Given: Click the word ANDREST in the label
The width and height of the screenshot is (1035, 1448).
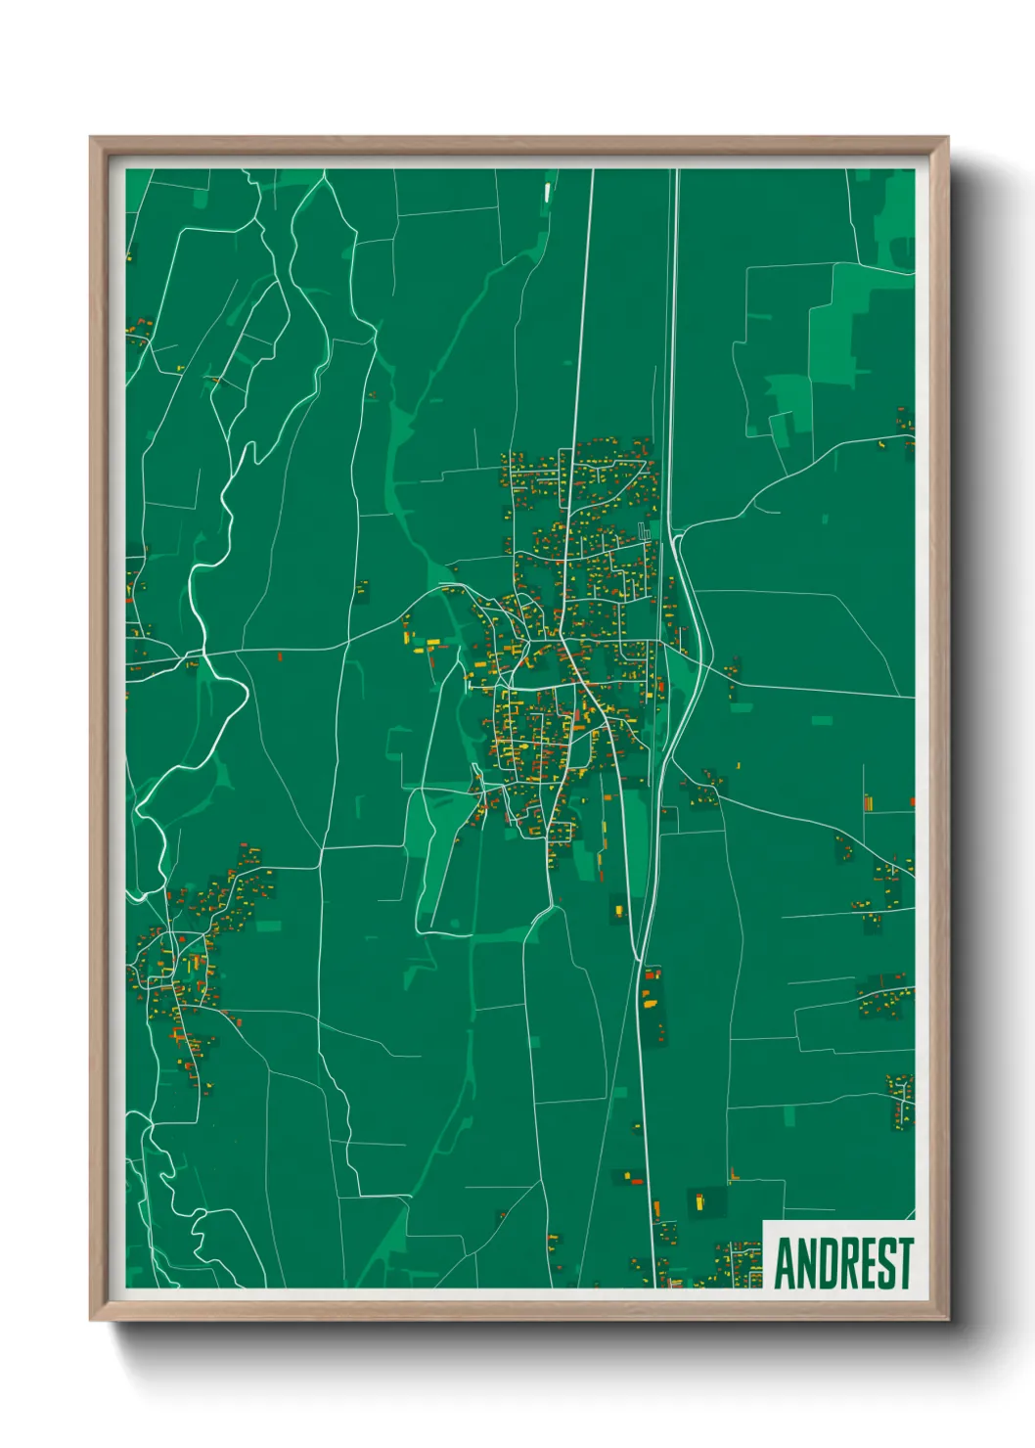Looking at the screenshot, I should pyautogui.click(x=843, y=1263).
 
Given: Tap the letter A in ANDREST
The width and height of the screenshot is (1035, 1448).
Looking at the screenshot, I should pyautogui.click(x=786, y=1263).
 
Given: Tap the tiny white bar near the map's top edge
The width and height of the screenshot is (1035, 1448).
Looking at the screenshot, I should pyautogui.click(x=547, y=192).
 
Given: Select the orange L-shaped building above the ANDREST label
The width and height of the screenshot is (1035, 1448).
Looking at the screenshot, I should pyautogui.click(x=734, y=1173).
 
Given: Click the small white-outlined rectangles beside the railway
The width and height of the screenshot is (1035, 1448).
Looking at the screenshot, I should pyautogui.click(x=643, y=532).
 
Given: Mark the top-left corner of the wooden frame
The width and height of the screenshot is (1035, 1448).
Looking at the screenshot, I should pyautogui.click(x=91, y=138).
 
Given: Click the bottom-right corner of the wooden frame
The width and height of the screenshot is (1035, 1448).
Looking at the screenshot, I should pyautogui.click(x=946, y=1320).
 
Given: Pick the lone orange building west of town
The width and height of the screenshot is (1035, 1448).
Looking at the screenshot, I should pyautogui.click(x=280, y=656).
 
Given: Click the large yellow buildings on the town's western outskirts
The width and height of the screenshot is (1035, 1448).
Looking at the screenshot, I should pyautogui.click(x=418, y=646).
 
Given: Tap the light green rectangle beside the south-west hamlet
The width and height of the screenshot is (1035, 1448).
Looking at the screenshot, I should pyautogui.click(x=268, y=926).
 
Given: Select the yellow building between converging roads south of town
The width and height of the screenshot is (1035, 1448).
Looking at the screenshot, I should pyautogui.click(x=617, y=912).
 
